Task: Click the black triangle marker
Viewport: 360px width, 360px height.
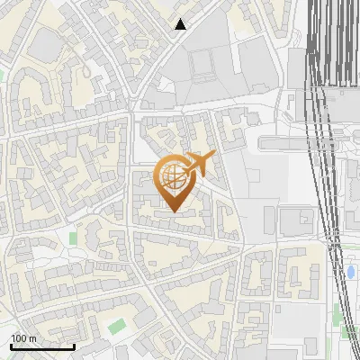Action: [x=181, y=24]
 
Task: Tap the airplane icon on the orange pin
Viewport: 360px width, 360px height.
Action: [x=199, y=164]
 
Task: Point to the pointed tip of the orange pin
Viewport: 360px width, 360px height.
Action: [x=173, y=211]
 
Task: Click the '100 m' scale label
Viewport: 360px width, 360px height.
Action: [x=23, y=338]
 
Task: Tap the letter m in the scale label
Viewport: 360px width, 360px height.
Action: [x=31, y=338]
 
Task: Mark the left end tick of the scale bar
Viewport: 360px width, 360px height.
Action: [x=11, y=346]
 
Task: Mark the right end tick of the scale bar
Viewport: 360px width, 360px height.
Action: [x=74, y=346]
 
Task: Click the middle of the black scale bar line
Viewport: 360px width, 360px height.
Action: [x=42, y=347]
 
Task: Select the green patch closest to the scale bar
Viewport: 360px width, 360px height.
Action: [x=115, y=324]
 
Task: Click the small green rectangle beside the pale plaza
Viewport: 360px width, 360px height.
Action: [x=73, y=238]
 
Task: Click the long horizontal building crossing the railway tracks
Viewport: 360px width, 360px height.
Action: [x=306, y=141]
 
